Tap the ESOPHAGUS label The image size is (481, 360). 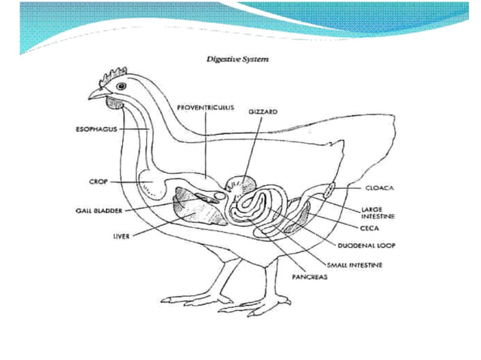pyautogui.click(x=96, y=129)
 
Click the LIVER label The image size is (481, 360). pyautogui.click(x=120, y=235)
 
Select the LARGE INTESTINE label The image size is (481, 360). pyautogui.click(x=378, y=212)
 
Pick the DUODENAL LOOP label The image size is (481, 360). pyautogui.click(x=369, y=246)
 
